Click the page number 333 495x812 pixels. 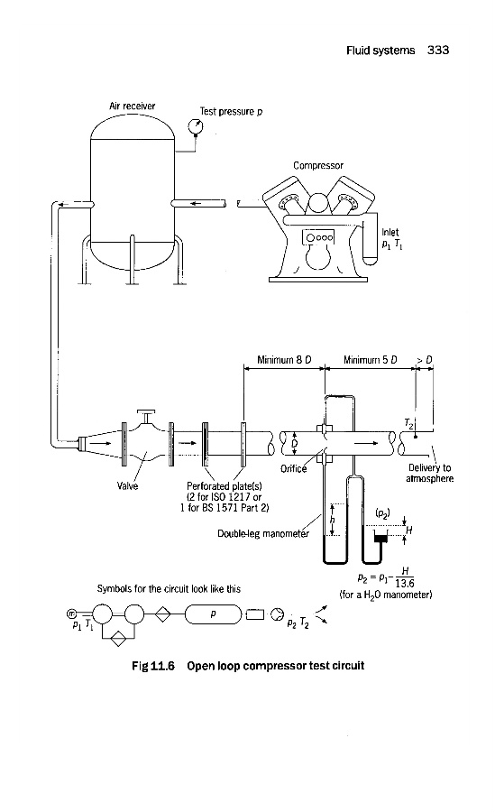click(x=438, y=51)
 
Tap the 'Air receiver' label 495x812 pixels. click(x=132, y=106)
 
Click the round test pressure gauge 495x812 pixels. click(x=195, y=125)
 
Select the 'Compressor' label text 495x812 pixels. click(x=318, y=166)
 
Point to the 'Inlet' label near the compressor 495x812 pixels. click(x=390, y=233)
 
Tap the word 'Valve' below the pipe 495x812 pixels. click(x=127, y=486)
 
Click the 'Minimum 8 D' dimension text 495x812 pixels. click(x=284, y=360)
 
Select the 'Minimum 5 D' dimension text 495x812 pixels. click(x=370, y=360)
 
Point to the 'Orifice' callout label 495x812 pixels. click(x=293, y=469)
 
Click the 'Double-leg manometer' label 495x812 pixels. click(x=263, y=533)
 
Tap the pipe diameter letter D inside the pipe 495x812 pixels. click(x=295, y=443)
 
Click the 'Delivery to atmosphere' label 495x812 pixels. click(x=430, y=474)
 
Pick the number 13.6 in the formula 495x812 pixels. click(x=405, y=583)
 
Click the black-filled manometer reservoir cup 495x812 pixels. click(x=381, y=539)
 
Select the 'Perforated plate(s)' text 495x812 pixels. click(x=225, y=486)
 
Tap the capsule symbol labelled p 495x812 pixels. click(x=213, y=614)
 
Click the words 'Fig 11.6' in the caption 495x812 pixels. click(x=153, y=666)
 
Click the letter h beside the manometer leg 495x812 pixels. click(x=333, y=520)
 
